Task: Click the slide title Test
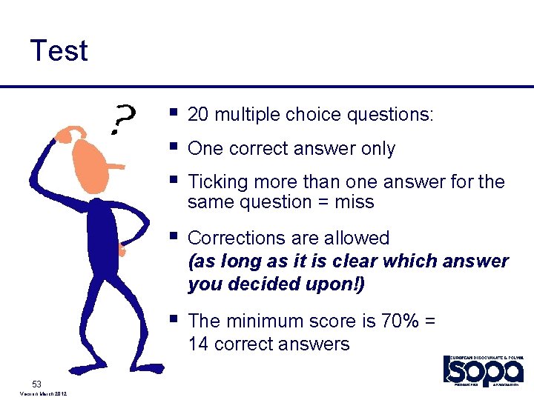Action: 59,51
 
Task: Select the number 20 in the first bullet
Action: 199,115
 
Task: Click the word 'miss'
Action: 355,202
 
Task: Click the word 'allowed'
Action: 360,239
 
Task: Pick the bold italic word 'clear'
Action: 360,261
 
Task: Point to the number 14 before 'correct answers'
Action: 198,344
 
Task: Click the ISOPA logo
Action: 483,370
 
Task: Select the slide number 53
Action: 37,383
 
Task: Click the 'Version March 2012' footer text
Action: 41,394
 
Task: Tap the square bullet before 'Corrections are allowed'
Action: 173,237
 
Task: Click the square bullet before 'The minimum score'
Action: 173,319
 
